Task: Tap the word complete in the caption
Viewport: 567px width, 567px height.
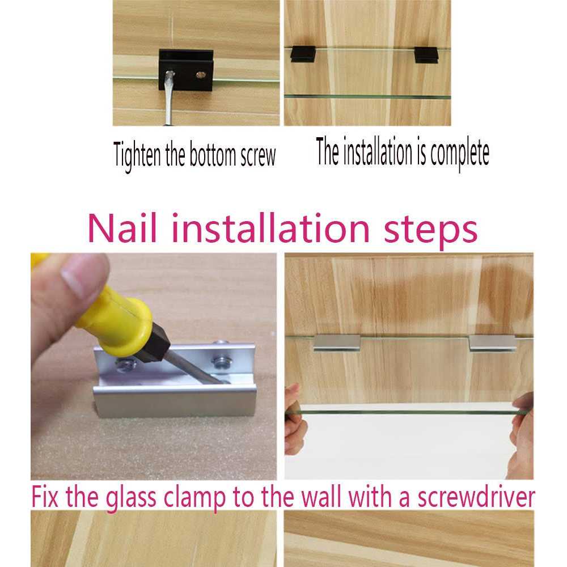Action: (x=460, y=153)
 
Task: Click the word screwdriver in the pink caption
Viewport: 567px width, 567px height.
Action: (x=476, y=497)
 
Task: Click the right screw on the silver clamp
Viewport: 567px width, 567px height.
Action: (x=220, y=362)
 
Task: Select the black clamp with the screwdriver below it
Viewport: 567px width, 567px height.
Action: (x=186, y=70)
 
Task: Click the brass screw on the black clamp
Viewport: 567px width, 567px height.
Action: (x=200, y=75)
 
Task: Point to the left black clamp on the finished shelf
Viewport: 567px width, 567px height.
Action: (x=303, y=54)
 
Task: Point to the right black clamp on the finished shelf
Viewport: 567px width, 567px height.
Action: (x=427, y=55)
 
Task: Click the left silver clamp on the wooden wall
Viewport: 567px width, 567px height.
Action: (x=337, y=343)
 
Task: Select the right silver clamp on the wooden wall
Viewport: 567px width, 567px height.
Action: (x=493, y=343)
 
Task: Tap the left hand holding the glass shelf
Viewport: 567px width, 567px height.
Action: (x=295, y=420)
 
